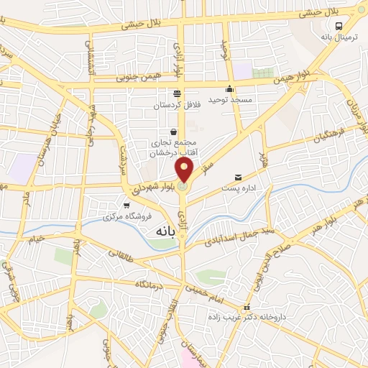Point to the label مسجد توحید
pyautogui.click(x=231, y=99)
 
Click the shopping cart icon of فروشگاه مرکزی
pyautogui.click(x=126, y=206)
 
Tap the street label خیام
pyautogui.click(x=34, y=238)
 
